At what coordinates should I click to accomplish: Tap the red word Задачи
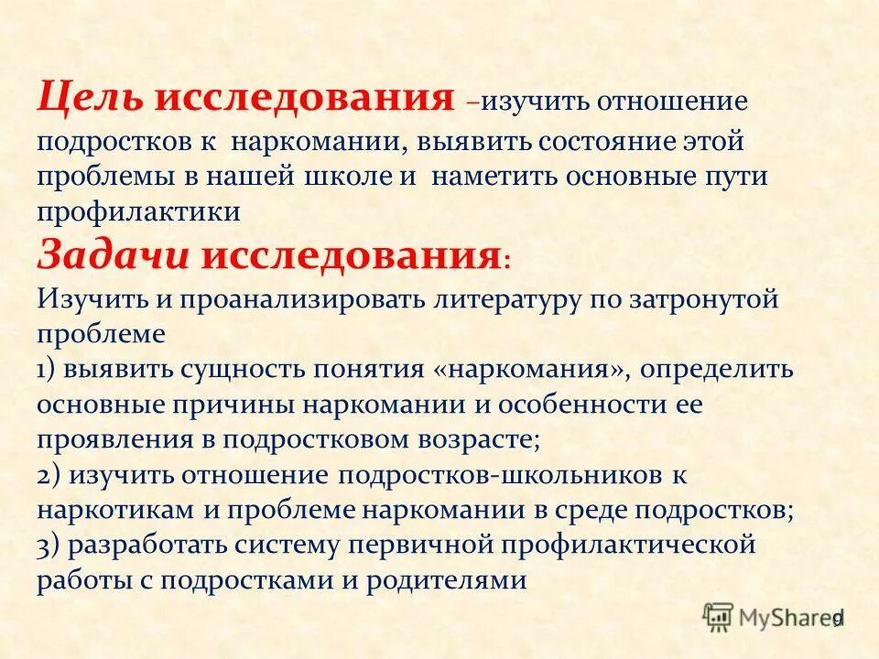pyautogui.click(x=111, y=254)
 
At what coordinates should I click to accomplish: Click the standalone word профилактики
pyautogui.click(x=138, y=211)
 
